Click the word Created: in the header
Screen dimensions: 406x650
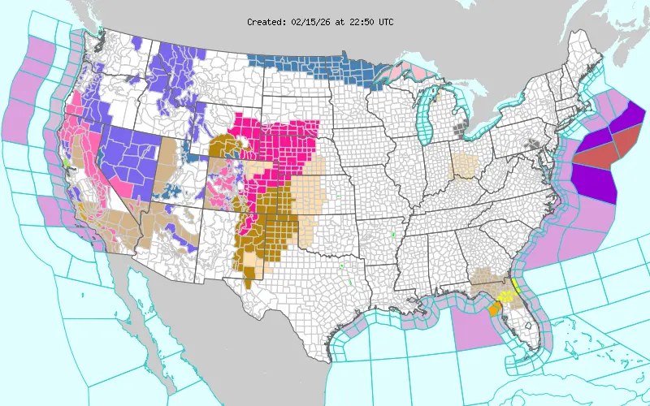266,22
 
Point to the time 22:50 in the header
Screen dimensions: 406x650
363,22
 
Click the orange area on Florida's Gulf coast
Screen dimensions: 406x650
495,307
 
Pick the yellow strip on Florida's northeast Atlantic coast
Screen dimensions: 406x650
516,283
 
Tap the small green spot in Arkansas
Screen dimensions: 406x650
393,235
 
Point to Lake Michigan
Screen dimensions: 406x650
429,114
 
